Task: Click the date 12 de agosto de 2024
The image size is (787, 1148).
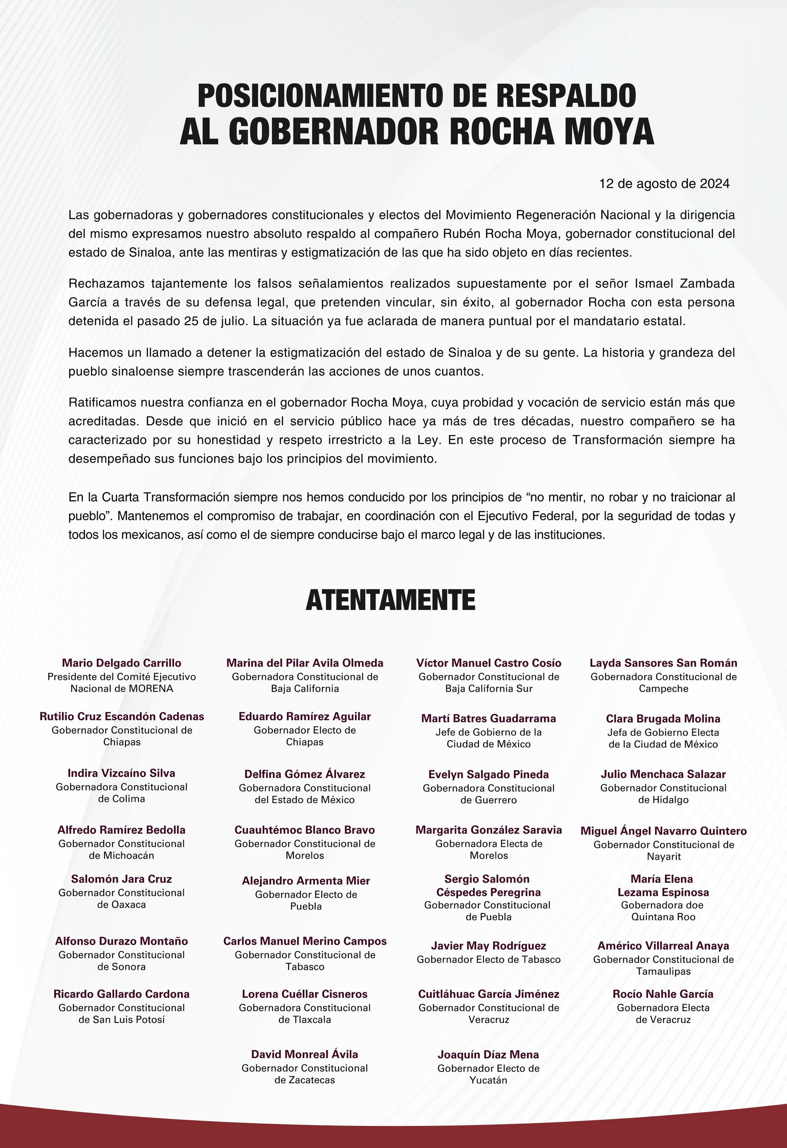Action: coord(664,184)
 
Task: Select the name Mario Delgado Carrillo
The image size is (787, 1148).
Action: coord(121,663)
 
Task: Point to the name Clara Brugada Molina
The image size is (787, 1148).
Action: coord(663,719)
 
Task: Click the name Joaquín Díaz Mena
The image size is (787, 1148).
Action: coord(488,1055)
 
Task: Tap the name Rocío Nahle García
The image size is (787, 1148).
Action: coord(663,994)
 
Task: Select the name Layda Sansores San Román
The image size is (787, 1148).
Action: coord(663,663)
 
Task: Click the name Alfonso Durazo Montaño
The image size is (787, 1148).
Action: coord(121,941)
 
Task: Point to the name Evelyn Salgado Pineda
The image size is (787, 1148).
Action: coord(488,775)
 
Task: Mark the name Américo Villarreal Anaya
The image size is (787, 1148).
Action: coord(663,946)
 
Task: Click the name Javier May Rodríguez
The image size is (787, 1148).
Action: coord(488,946)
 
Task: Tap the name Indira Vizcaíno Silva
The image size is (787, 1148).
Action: coord(121,773)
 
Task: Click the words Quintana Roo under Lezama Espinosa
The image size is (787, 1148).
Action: coord(663,917)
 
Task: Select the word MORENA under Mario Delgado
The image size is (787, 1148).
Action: coord(146,689)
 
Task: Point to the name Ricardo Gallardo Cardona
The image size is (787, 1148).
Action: coord(121,994)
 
